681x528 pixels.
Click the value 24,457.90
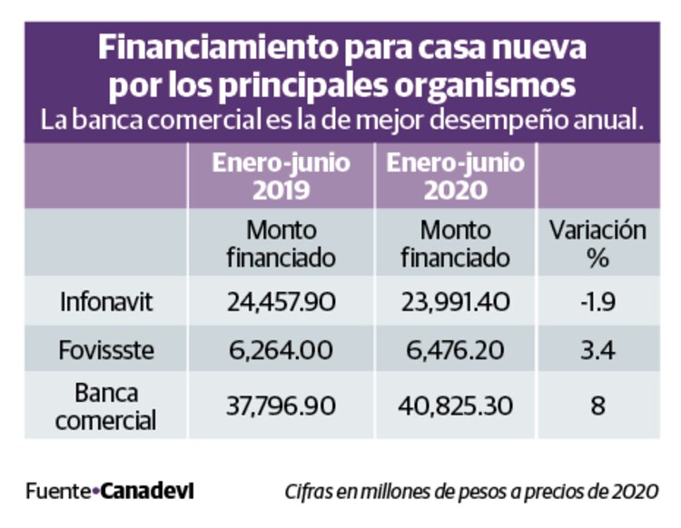(281, 301)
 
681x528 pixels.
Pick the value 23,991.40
(455, 301)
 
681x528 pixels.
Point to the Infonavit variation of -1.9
(597, 301)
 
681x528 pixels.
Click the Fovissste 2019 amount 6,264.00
(281, 349)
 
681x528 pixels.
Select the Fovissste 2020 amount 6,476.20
(455, 349)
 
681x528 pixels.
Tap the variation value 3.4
(597, 349)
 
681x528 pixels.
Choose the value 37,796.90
(281, 406)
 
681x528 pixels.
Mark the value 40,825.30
(455, 406)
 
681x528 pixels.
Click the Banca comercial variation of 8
(597, 406)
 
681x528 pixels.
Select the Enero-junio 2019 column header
(281, 176)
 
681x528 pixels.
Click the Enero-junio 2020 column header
(455, 176)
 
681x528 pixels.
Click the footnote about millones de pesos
(470, 492)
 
